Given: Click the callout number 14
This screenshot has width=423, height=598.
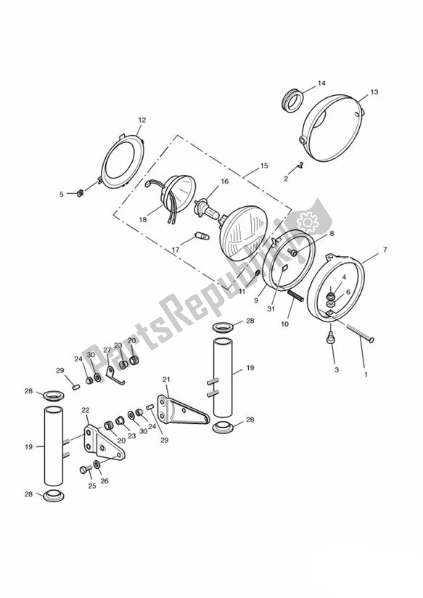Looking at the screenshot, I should pyautogui.click(x=321, y=83).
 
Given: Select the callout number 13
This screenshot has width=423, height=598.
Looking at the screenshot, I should pyautogui.click(x=374, y=92).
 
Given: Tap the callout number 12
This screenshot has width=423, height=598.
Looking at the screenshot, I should pyautogui.click(x=141, y=120).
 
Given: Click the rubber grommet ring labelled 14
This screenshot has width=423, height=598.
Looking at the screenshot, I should pyautogui.click(x=293, y=99).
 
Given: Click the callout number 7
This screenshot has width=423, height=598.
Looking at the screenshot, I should pyautogui.click(x=385, y=250).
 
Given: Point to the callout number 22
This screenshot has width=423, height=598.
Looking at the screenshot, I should pyautogui.click(x=85, y=410).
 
